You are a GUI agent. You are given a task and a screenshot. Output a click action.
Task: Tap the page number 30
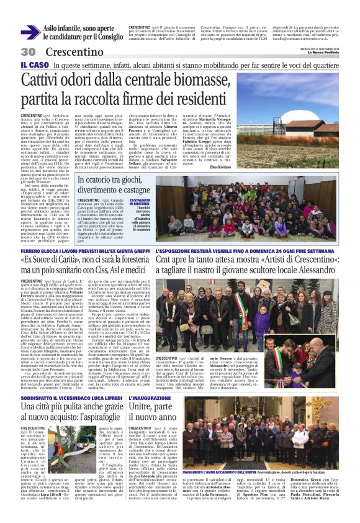tap(29, 52)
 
